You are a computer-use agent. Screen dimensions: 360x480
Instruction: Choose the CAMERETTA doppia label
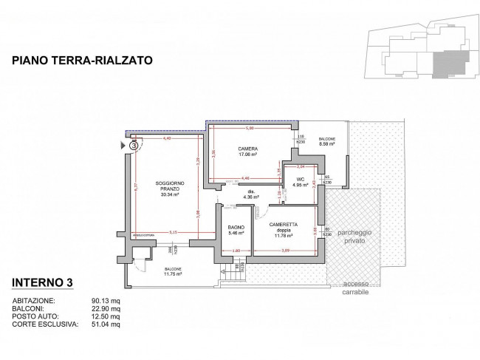(x=284, y=229)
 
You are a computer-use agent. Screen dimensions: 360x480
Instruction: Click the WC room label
(x=301, y=183)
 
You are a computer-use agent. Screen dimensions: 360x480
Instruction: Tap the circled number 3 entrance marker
(x=134, y=146)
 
